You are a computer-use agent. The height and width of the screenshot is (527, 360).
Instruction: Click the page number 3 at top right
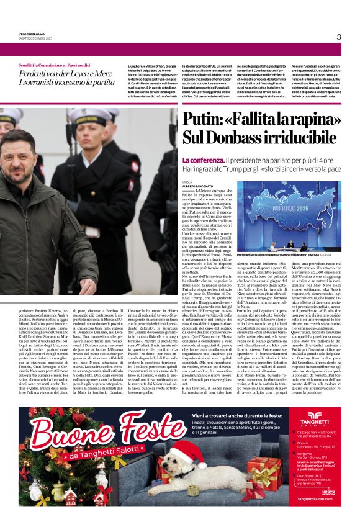point(339,37)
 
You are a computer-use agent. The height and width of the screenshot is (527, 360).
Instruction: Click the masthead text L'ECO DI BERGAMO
point(32,34)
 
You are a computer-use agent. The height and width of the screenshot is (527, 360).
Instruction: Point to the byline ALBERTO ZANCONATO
point(198,186)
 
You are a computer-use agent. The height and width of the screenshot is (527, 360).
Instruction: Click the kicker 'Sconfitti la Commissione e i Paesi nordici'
point(55,65)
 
